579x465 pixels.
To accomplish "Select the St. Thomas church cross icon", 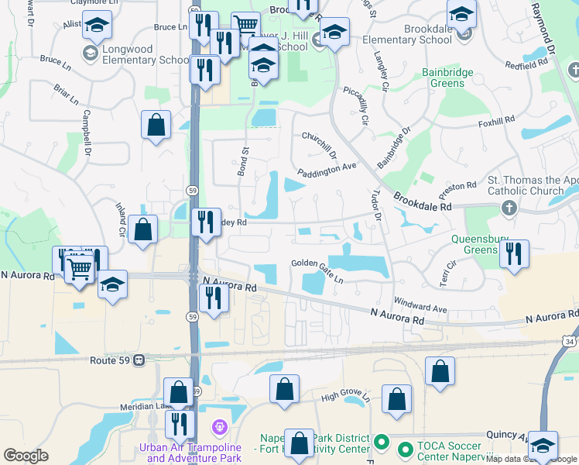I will (x=509, y=208).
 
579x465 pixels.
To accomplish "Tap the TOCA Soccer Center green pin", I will (x=403, y=449).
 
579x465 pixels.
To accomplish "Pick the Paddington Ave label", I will (x=327, y=167).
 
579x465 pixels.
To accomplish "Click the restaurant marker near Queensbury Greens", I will (x=514, y=253).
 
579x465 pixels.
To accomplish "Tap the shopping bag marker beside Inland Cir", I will (x=143, y=229).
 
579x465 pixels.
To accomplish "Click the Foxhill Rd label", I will (x=496, y=121).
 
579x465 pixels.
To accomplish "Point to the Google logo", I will (x=26, y=456).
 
